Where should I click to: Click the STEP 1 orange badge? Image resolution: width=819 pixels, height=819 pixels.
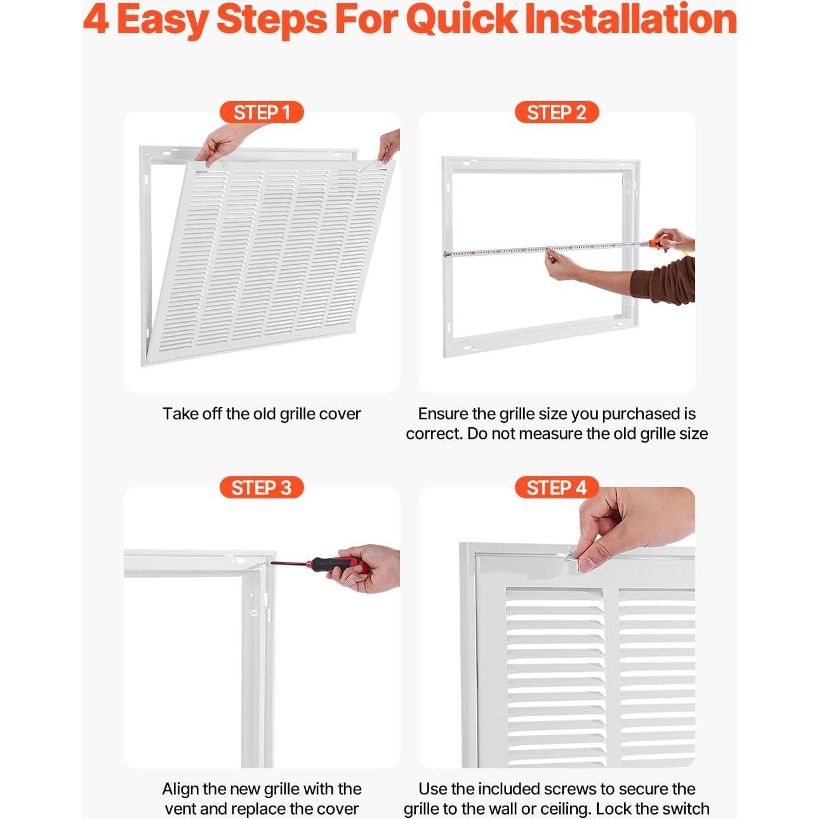pyautogui.click(x=262, y=112)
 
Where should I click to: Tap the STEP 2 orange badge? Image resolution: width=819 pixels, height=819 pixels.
pyautogui.click(x=556, y=112)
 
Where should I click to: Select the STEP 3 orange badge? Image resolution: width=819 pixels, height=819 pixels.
pyautogui.click(x=262, y=488)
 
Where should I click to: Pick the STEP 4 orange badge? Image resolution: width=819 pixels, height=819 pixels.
pyautogui.click(x=556, y=488)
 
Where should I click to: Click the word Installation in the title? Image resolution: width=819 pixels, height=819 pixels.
pyautogui.click(x=630, y=20)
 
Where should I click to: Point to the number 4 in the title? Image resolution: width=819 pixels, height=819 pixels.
pyautogui.click(x=95, y=20)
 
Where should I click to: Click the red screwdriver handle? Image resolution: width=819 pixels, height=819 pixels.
pyautogui.click(x=340, y=564)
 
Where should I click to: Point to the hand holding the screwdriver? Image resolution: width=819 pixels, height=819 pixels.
pyautogui.click(x=366, y=569)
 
